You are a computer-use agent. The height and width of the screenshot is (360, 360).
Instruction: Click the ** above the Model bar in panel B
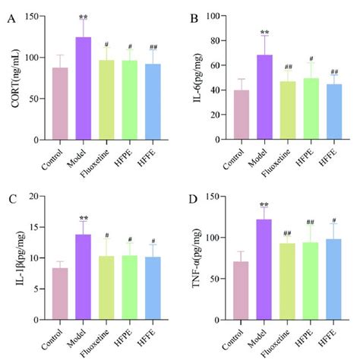click(265, 33)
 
